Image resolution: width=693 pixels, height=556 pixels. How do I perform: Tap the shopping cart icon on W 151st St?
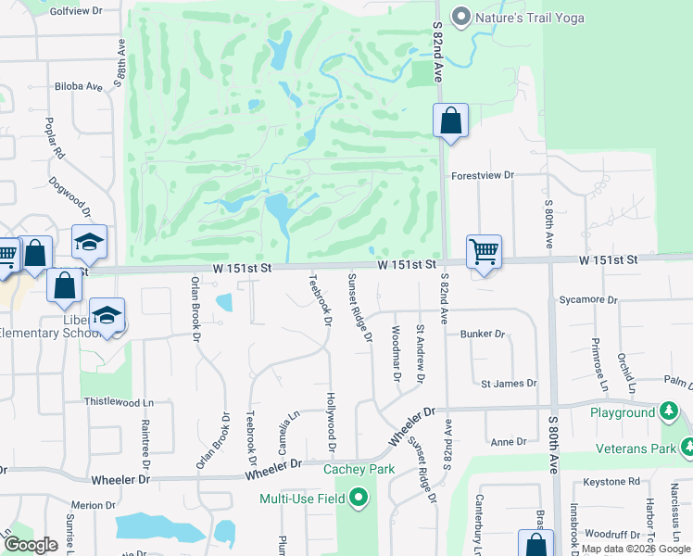coord(484,250)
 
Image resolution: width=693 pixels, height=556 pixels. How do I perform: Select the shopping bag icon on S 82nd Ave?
coord(450,120)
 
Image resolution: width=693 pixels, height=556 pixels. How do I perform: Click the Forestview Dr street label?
coord(482,174)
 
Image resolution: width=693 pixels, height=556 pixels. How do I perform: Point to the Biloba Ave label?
coord(78,86)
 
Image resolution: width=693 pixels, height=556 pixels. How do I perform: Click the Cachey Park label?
coord(359,469)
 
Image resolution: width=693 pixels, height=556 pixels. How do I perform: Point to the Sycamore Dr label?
coord(588,299)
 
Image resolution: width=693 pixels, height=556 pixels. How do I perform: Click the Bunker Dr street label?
coord(486,334)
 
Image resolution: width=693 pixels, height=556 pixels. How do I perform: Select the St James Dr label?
coord(509,383)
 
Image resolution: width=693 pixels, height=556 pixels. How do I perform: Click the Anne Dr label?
coord(509,442)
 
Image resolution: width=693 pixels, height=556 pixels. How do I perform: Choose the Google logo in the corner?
coord(31,545)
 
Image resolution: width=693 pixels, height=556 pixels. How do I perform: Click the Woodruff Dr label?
coord(607,534)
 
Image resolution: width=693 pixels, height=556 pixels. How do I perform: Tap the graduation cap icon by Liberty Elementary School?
coord(107,315)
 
